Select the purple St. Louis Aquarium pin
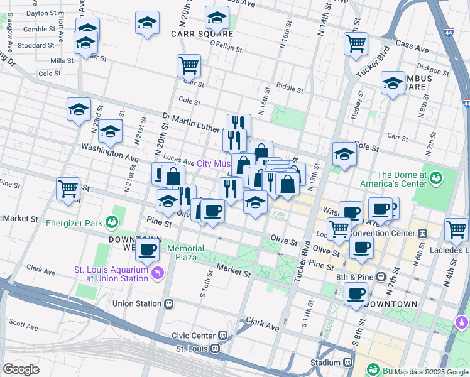(156, 273)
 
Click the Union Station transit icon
(168, 303)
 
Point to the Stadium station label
(325, 363)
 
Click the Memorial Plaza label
(190, 253)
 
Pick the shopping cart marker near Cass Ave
(356, 44)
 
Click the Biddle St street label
(290, 90)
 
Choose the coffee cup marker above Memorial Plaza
(148, 249)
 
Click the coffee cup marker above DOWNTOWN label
(356, 293)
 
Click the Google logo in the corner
(21, 369)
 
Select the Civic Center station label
(196, 336)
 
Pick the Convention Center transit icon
(423, 232)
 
